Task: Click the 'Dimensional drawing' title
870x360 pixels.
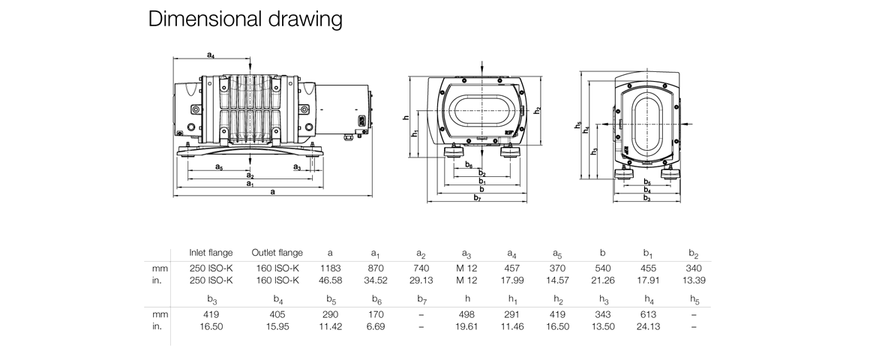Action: pyautogui.click(x=245, y=19)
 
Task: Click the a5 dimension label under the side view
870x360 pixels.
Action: pyautogui.click(x=218, y=167)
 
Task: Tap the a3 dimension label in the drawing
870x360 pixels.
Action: pyautogui.click(x=297, y=167)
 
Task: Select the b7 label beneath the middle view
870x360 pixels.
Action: pyautogui.click(x=477, y=198)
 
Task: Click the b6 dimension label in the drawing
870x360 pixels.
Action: pyautogui.click(x=468, y=164)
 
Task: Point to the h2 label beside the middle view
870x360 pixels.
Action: pyautogui.click(x=537, y=110)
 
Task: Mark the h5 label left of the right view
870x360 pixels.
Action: pyautogui.click(x=578, y=126)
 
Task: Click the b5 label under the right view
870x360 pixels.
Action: pyautogui.click(x=646, y=182)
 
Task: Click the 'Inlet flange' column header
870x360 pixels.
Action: pyautogui.click(x=211, y=253)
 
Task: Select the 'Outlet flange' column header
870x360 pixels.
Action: pyautogui.click(x=277, y=253)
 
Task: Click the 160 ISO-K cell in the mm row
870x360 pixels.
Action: pyautogui.click(x=277, y=268)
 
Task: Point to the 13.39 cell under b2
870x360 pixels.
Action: pyautogui.click(x=692, y=280)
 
